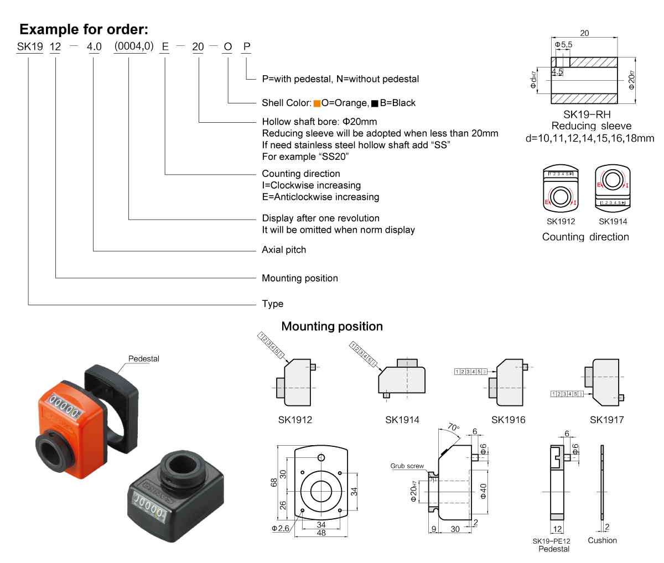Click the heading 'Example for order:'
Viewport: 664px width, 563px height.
pyautogui.click(x=84, y=29)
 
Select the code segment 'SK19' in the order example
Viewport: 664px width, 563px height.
pyautogui.click(x=30, y=47)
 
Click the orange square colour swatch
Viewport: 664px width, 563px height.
pyautogui.click(x=317, y=103)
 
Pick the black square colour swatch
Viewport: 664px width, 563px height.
pyautogui.click(x=375, y=103)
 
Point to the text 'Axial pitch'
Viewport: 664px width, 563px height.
pyautogui.click(x=283, y=250)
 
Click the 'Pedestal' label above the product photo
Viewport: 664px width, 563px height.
pyautogui.click(x=143, y=359)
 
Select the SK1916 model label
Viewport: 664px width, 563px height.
pyautogui.click(x=508, y=420)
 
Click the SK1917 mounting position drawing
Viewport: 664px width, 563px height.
pyautogui.click(x=605, y=382)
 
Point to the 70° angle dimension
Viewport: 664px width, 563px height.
pyautogui.click(x=453, y=428)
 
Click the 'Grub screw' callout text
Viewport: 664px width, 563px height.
pyautogui.click(x=407, y=466)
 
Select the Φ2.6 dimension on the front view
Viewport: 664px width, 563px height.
pyautogui.click(x=281, y=529)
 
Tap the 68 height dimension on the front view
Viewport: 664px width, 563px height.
pyautogui.click(x=274, y=482)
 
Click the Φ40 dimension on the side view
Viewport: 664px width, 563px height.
pyautogui.click(x=483, y=491)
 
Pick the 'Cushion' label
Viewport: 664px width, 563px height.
pyautogui.click(x=602, y=540)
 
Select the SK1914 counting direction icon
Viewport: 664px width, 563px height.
pyautogui.click(x=612, y=187)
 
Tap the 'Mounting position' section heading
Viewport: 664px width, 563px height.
pyautogui.click(x=332, y=326)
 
